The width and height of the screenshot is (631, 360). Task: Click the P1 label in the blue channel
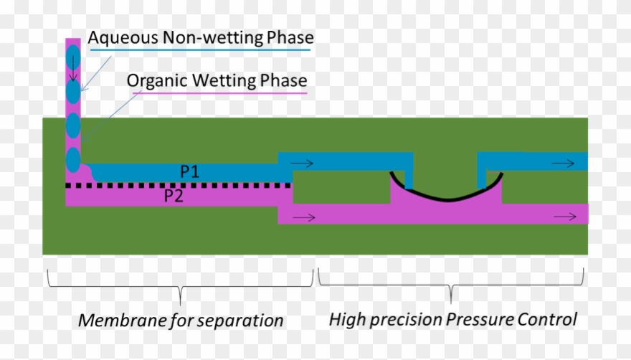coord(190,172)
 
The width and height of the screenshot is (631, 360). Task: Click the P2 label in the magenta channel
coord(174,196)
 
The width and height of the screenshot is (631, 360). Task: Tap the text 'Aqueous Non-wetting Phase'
coord(201,37)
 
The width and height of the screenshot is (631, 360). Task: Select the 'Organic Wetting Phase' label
coord(217,80)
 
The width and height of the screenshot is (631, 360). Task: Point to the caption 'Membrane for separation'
coord(181,320)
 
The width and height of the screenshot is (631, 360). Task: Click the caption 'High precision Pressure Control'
coord(452,319)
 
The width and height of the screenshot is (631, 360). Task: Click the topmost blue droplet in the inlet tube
coord(73,57)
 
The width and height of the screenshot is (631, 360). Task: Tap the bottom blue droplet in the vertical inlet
coord(73,158)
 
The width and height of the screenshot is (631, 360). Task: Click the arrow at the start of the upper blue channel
coord(302,163)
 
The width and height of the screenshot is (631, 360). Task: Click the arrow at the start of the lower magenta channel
coord(304,217)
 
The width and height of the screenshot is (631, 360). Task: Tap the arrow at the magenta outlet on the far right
coord(564,216)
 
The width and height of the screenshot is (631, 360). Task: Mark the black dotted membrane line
coord(179,185)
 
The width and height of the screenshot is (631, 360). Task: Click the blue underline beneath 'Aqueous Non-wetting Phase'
coord(201,51)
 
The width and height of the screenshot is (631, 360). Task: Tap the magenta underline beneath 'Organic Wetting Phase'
coord(217,93)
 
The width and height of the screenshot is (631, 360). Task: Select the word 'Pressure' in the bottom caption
coord(480,319)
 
